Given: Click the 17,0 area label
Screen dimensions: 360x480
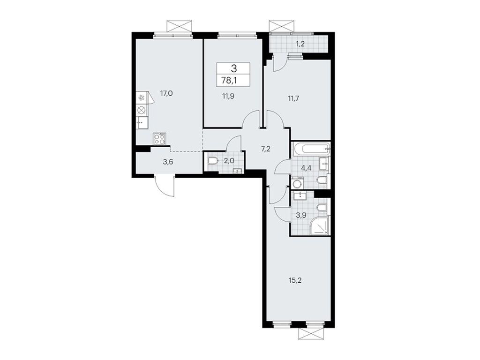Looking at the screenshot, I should coord(166,93).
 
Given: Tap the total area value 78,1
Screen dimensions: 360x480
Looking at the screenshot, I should coord(233,80).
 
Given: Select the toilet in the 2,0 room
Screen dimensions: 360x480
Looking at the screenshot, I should coord(212,162).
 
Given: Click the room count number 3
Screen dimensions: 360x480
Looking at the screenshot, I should coord(233,68).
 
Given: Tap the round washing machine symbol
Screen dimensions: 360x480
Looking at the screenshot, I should coord(297,184).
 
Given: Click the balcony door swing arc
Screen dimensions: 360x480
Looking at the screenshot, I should coord(279,62).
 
